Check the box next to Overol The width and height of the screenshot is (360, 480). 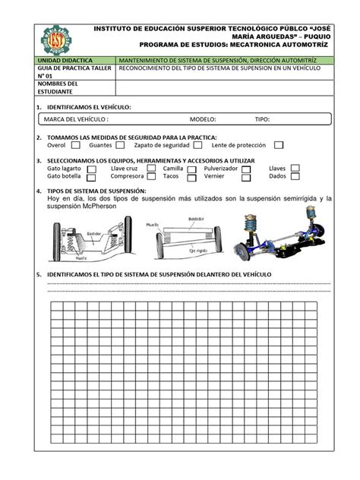(x=75, y=144)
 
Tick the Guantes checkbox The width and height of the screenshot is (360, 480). (x=122, y=144)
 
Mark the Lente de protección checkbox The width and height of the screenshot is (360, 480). (x=279, y=144)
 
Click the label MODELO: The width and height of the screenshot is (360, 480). (x=203, y=119)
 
